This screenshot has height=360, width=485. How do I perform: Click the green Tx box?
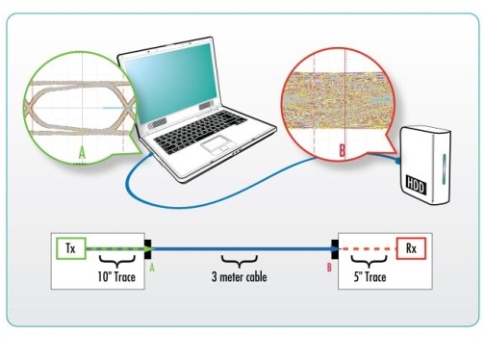click(71, 248)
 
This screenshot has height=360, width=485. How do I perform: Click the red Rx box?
click(411, 248)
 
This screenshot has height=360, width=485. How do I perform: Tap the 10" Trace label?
click(116, 276)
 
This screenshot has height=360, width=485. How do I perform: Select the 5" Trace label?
click(370, 276)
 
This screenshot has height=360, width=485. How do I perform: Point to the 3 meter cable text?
click(240, 276)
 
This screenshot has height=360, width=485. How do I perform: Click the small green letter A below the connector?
click(152, 267)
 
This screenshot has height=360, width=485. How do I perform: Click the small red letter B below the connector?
click(329, 267)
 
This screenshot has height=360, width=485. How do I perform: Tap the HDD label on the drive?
click(416, 185)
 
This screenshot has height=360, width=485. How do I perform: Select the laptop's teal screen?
click(171, 81)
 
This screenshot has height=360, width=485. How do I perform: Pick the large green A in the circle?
click(83, 153)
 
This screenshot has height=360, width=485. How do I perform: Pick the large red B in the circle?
click(343, 150)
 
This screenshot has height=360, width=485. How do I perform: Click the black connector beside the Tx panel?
click(148, 249)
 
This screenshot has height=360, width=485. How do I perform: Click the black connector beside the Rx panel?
click(335, 249)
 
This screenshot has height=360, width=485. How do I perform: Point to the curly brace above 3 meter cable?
click(240, 261)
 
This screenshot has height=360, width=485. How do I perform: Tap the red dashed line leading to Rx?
click(368, 248)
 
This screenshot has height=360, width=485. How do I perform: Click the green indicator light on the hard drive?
click(444, 170)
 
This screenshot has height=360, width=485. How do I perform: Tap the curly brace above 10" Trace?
click(116, 261)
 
